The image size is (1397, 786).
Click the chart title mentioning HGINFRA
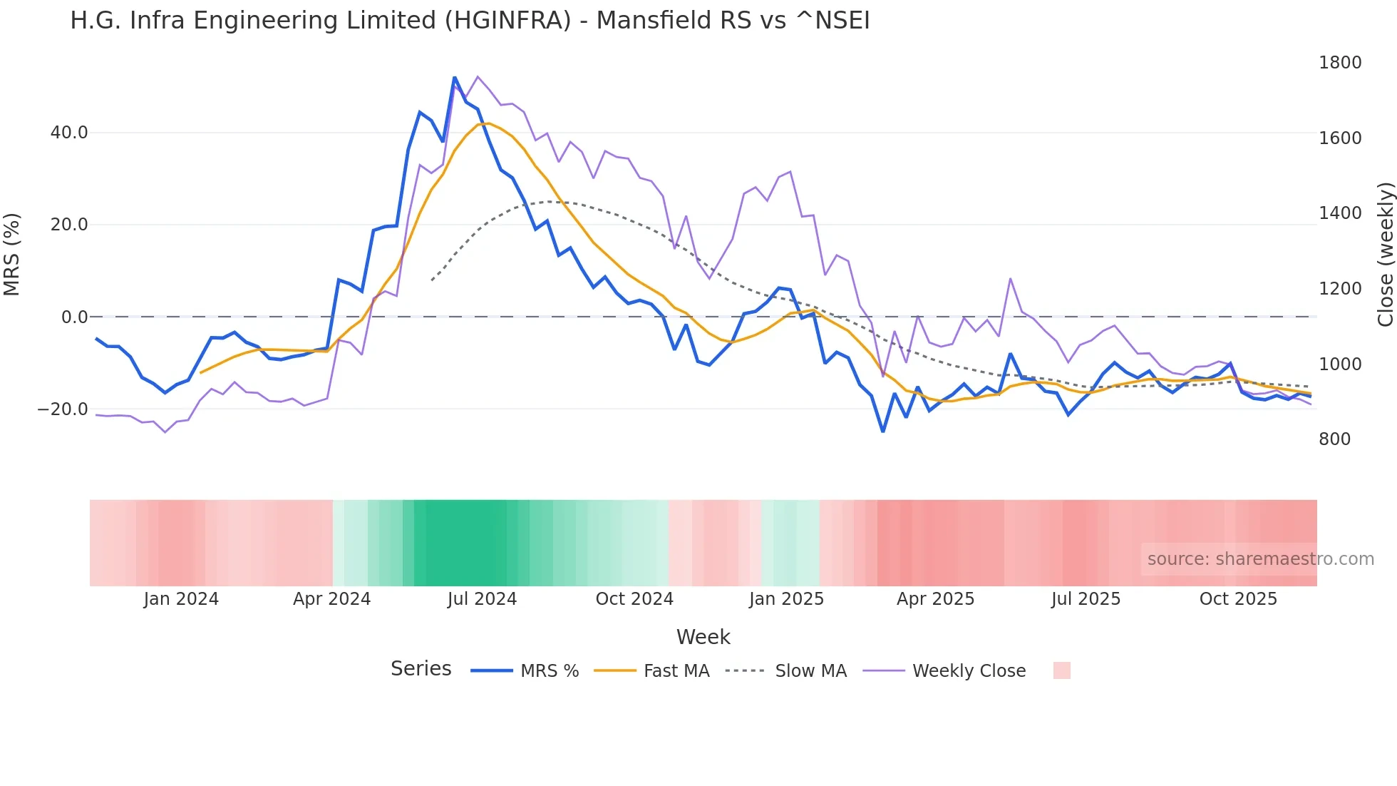coord(470,21)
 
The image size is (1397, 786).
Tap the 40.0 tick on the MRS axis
coord(69,133)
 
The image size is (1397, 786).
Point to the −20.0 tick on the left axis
coord(63,409)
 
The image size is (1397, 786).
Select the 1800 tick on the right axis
coord(1339,63)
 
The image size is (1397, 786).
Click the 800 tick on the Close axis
coord(1334,439)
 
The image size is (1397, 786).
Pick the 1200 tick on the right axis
coord(1339,289)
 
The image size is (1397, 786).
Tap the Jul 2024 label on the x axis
coord(482,599)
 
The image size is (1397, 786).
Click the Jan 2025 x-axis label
coord(786,599)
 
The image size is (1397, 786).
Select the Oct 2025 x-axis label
coord(1238,599)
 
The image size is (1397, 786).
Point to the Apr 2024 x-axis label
coord(331,599)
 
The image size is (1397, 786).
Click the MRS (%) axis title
coord(12,254)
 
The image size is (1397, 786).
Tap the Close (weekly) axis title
coord(1385,254)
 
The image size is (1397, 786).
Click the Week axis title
coord(703,637)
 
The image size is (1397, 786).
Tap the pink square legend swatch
coord(1061,670)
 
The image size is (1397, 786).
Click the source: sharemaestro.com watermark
coord(1260,559)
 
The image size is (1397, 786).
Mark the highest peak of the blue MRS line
coord(455,78)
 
